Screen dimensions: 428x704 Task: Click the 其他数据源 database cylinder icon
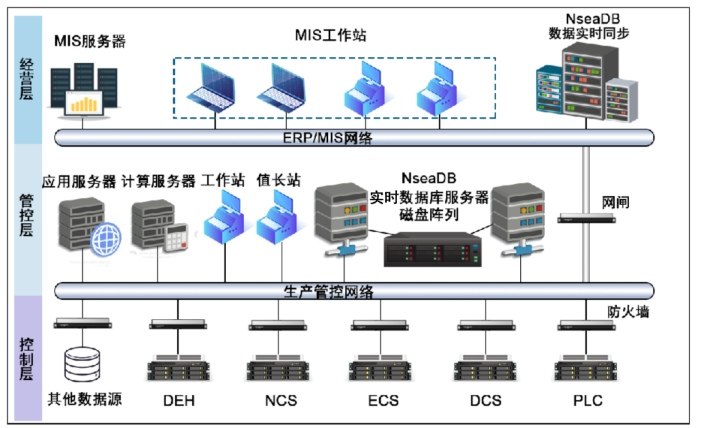83,364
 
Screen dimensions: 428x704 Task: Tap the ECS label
383,399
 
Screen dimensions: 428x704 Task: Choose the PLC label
588,399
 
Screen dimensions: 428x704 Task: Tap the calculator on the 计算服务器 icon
175,239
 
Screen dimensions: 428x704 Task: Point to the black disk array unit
432,250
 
